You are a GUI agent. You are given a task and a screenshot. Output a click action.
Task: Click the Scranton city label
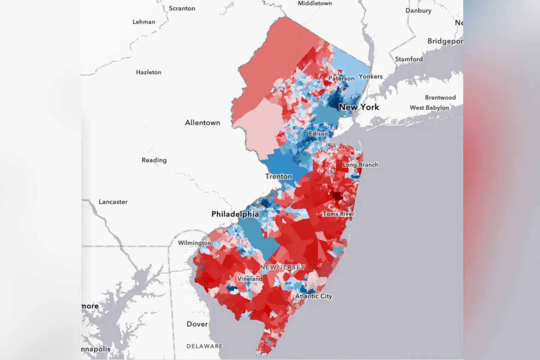(x=182, y=8)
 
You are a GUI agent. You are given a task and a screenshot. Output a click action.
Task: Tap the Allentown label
(x=202, y=123)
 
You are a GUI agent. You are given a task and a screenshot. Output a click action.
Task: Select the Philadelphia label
(x=235, y=214)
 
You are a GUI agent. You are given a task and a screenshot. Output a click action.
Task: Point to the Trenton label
(x=278, y=176)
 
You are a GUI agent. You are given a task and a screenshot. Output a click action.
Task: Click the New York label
(x=359, y=107)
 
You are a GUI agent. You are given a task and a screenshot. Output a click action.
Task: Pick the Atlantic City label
(x=314, y=296)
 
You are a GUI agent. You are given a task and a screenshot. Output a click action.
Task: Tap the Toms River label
(x=339, y=214)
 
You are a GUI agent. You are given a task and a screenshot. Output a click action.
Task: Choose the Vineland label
(x=250, y=279)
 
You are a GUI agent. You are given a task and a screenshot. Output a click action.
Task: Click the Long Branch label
(x=360, y=165)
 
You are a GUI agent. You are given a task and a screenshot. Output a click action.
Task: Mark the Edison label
(x=318, y=134)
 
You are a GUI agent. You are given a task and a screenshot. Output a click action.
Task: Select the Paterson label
(x=341, y=78)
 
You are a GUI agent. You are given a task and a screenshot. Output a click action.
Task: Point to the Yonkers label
(x=371, y=76)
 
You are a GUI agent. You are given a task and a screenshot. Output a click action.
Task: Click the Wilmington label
(x=194, y=243)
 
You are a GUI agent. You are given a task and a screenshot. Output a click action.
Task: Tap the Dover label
(x=197, y=324)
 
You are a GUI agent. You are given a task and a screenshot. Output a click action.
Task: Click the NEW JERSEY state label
(x=282, y=267)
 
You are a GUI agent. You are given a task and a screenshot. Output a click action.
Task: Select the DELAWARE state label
(x=205, y=346)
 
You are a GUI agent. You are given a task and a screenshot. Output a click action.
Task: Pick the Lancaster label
(x=113, y=202)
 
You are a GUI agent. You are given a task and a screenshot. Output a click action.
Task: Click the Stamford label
(x=409, y=59)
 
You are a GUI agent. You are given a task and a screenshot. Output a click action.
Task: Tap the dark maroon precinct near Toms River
(x=337, y=196)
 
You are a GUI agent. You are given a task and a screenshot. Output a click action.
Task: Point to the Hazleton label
(x=148, y=72)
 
